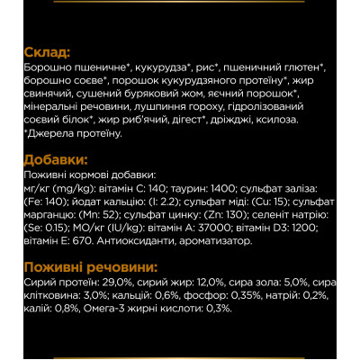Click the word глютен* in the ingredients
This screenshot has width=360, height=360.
tap(301, 67)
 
